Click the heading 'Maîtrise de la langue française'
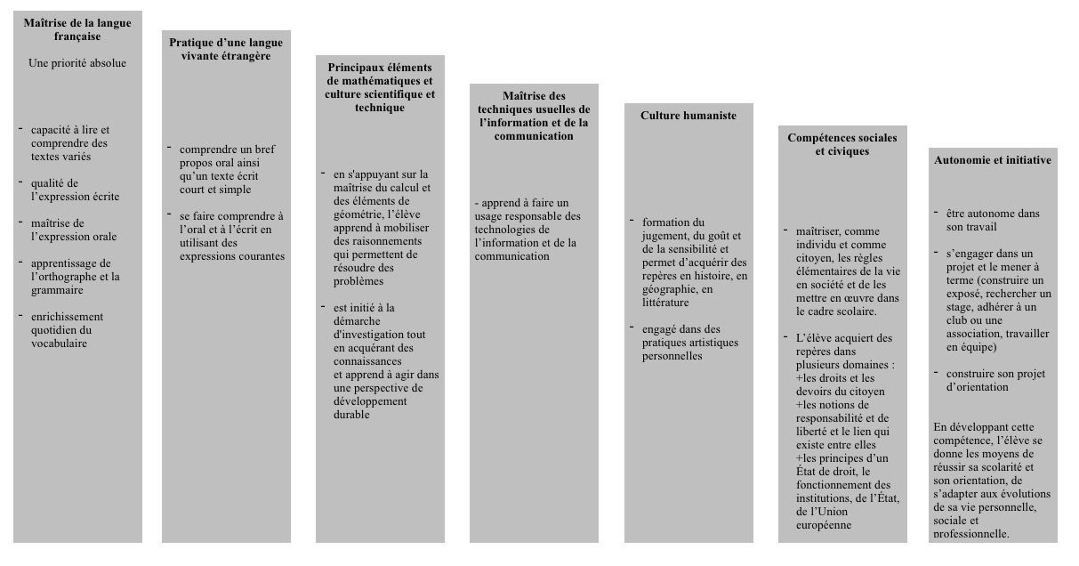click(x=76, y=29)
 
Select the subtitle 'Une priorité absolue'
click(x=76, y=63)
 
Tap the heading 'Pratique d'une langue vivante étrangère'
click(x=226, y=49)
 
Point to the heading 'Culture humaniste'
click(x=688, y=116)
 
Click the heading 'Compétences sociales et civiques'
click(x=841, y=144)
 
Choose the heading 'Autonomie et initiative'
click(x=993, y=160)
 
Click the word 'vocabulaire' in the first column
click(x=59, y=344)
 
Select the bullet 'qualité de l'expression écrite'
click(x=75, y=190)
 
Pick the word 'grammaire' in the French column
click(x=57, y=290)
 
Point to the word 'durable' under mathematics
click(x=351, y=415)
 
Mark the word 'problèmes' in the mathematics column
click(x=358, y=281)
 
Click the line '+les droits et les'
click(x=836, y=378)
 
